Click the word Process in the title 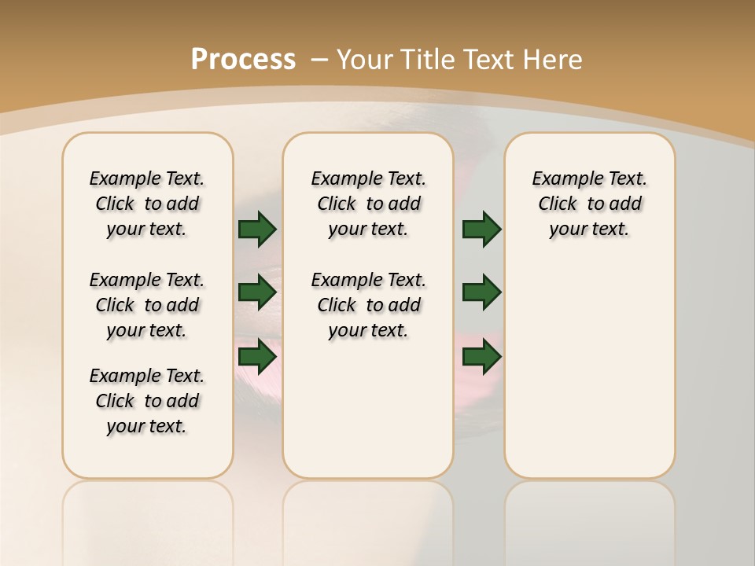coord(243,60)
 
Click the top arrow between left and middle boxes coord(257,229)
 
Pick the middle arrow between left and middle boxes coord(257,292)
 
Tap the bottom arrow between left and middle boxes coord(257,356)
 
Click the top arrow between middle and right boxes coord(481,229)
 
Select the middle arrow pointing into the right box coord(481,292)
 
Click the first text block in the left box coord(147,204)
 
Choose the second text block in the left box coord(147,305)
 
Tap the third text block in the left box coord(147,401)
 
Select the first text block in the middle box coord(368,204)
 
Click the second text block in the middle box coord(368,305)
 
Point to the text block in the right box coord(589,204)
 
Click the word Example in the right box coord(561,179)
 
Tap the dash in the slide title coord(319,60)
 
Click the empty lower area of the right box coord(589,369)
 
